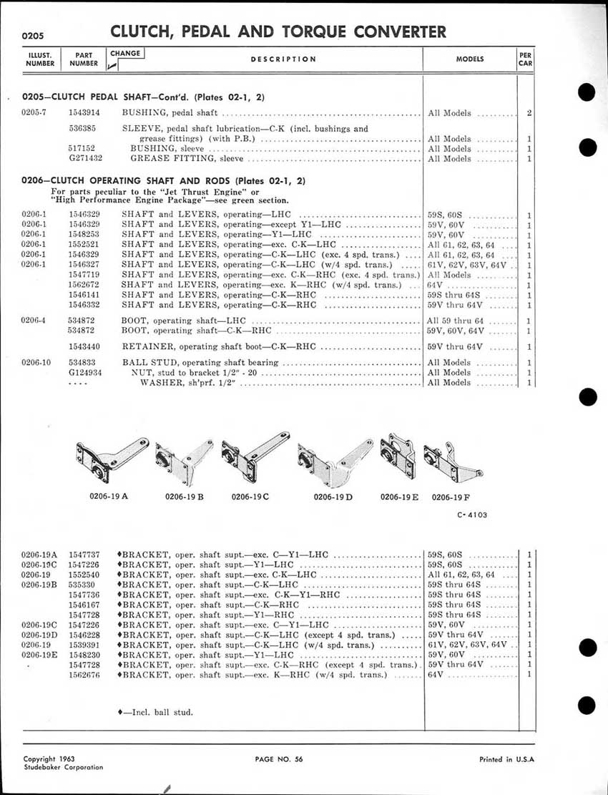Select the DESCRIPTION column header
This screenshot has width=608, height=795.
(x=283, y=59)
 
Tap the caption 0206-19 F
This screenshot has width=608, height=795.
(x=448, y=497)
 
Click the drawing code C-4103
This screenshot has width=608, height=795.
(x=472, y=514)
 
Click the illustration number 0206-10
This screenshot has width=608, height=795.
(x=36, y=363)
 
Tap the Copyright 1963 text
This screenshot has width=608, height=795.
(x=49, y=759)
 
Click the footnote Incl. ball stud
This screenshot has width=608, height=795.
(x=155, y=712)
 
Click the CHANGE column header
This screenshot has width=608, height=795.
(x=126, y=53)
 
